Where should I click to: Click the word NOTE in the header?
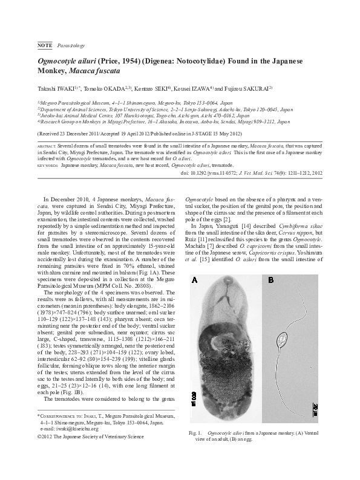[x=44, y=45]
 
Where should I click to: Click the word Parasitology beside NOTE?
[x=71, y=45]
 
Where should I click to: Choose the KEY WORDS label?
[x=48, y=164]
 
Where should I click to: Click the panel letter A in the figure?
[x=194, y=279]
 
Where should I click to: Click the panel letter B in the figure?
[x=271, y=279]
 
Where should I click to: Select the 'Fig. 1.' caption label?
[x=195, y=450]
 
